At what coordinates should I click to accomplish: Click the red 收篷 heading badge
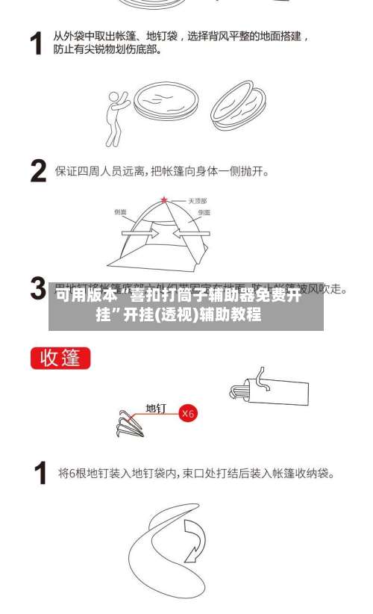[x=60, y=358]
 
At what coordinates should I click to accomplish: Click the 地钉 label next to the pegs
[x=156, y=409]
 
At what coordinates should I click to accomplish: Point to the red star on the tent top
[x=164, y=200]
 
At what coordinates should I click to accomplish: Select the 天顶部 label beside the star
[x=197, y=201]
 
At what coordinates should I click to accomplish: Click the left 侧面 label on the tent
[x=120, y=212]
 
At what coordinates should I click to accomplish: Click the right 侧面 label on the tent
[x=204, y=213]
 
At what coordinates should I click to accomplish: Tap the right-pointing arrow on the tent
[x=142, y=233]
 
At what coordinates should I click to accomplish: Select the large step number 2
[x=39, y=171]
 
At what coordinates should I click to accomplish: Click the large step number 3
[x=38, y=288]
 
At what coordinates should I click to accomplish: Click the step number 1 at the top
[x=35, y=43]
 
